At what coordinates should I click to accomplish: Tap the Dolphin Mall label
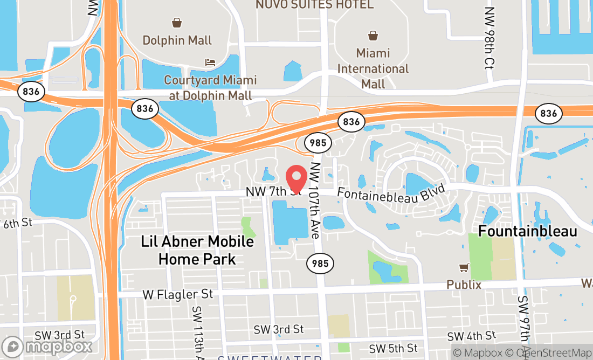tap(177, 40)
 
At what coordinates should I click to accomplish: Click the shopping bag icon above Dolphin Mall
tap(177, 23)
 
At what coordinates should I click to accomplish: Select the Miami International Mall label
tap(373, 68)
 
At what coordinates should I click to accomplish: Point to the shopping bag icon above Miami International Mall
tap(373, 36)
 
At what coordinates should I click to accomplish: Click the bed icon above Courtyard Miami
tap(210, 63)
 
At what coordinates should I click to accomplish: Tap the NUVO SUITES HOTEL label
tap(314, 5)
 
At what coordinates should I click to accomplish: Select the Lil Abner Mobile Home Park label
tap(197, 250)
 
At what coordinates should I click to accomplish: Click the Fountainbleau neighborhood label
tap(528, 232)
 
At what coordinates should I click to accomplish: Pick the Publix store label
tap(464, 284)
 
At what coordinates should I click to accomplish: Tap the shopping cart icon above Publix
tap(464, 267)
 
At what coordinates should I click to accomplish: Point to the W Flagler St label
tap(178, 294)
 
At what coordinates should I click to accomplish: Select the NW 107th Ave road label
tap(315, 201)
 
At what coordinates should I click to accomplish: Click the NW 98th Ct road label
tap(489, 37)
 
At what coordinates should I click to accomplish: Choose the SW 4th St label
tap(472, 336)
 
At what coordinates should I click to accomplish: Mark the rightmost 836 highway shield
tap(548, 113)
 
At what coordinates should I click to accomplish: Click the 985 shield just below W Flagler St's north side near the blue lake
tap(320, 264)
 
